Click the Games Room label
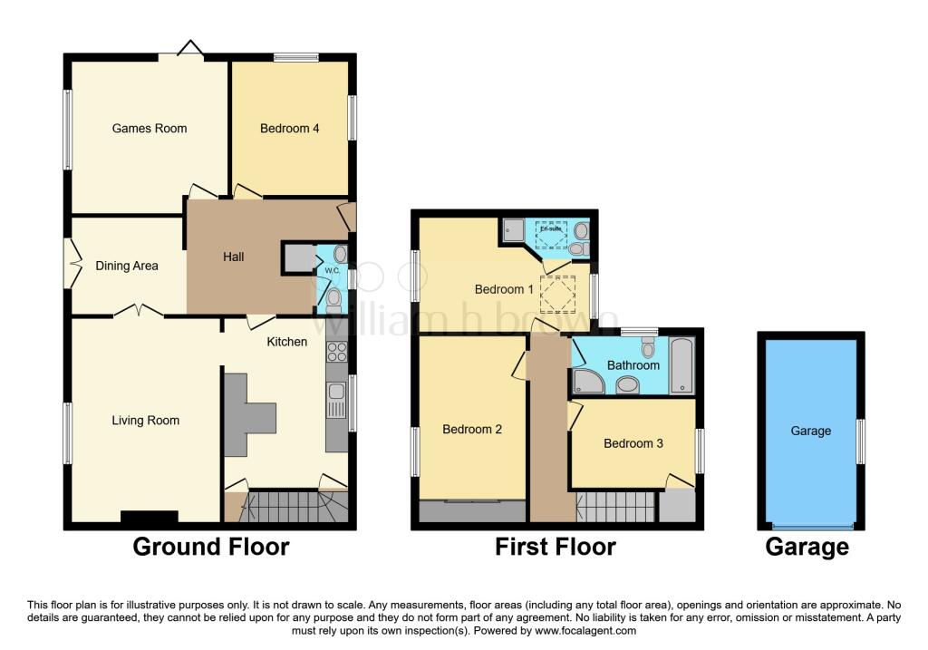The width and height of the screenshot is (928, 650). tap(150, 129)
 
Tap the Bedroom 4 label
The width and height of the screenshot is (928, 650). tap(289, 129)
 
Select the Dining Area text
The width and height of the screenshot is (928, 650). tap(127, 266)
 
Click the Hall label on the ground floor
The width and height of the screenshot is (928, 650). tap(233, 257)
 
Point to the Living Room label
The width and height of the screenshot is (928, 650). tap(145, 421)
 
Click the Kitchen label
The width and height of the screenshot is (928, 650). tap(286, 342)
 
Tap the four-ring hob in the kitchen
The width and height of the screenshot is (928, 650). tap(337, 351)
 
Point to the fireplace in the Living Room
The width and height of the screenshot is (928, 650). tap(149, 518)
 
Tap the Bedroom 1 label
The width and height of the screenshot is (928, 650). tap(504, 290)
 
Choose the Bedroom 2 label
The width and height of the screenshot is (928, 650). tap(472, 430)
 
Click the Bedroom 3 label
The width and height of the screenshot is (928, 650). tap(633, 443)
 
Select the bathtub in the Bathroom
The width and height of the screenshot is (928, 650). tap(681, 365)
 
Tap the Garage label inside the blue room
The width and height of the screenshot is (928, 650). tap(810, 432)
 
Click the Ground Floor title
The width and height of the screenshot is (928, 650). tap(211, 547)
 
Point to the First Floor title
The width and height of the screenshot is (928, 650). tap(556, 547)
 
